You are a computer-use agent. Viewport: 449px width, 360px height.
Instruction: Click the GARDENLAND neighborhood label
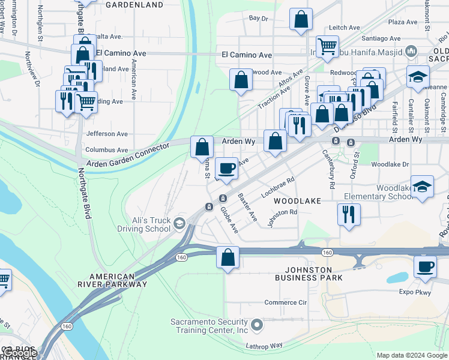(134, 5)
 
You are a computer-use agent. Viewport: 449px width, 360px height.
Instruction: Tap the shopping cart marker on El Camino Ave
(327, 46)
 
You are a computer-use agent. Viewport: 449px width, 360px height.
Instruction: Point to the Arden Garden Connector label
(128, 155)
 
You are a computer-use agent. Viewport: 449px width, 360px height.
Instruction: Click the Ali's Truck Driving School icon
(179, 224)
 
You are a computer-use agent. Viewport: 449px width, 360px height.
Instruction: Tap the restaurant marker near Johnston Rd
(349, 214)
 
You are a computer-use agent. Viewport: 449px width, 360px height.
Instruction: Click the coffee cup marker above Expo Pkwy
(425, 266)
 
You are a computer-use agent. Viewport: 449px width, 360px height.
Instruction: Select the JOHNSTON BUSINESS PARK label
(309, 274)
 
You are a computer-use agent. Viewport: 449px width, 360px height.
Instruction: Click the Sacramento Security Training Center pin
(258, 326)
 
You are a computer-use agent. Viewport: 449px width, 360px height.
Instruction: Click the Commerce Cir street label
(285, 302)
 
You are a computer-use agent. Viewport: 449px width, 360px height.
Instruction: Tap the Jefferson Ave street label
(107, 134)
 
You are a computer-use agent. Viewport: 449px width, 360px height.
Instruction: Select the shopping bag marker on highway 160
(228, 257)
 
